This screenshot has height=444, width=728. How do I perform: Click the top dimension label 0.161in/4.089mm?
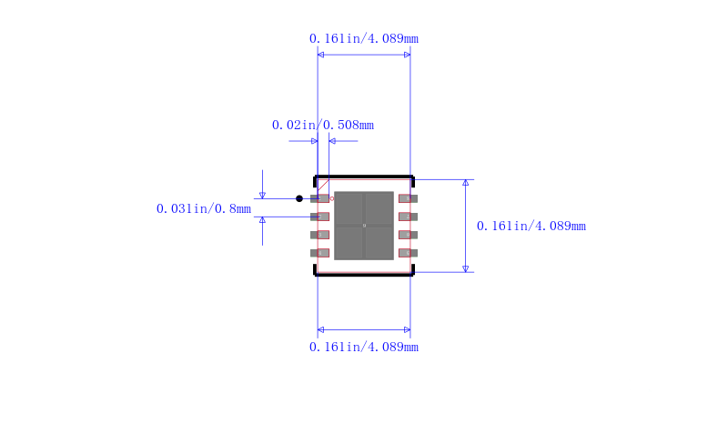pos(363,38)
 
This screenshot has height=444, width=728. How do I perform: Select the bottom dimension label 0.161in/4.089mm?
pos(363,347)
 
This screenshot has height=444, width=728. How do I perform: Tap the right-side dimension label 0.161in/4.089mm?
pos(531,227)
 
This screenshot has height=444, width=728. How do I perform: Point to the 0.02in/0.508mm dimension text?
pos(323,125)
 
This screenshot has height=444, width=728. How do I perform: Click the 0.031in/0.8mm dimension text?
pos(204,209)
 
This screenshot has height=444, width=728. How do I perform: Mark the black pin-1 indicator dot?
pos(299,198)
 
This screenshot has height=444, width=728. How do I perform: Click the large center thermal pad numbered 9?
pos(364,226)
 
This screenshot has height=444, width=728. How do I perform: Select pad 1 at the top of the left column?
pos(320,198)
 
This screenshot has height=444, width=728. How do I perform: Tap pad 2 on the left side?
pos(320,217)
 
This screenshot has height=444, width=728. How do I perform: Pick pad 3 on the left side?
pos(320,235)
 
